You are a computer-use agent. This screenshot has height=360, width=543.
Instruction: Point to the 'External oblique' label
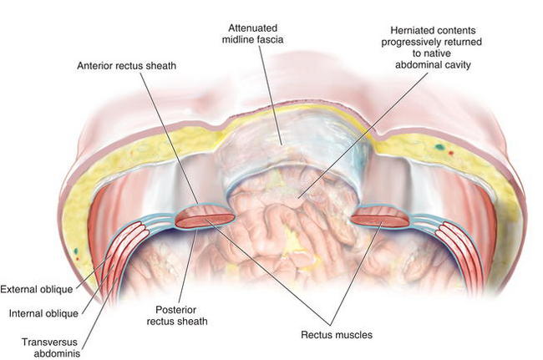tap(38, 290)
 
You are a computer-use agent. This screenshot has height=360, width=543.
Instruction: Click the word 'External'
tap(21, 290)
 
